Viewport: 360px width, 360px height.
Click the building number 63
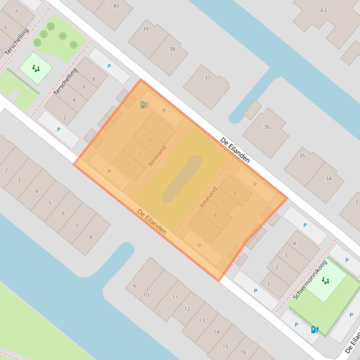[323, 10]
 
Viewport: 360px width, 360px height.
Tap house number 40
[116, 6]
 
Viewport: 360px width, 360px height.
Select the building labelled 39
[146, 29]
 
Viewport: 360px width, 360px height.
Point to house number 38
[172, 49]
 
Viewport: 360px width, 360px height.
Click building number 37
[207, 78]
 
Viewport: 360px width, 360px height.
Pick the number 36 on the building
[266, 127]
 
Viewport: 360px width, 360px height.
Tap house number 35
[302, 156]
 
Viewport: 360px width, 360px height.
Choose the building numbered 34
[329, 178]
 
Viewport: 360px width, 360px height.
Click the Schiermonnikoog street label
[310, 280]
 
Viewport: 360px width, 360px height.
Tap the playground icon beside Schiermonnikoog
[325, 281]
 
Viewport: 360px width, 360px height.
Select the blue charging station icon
[315, 330]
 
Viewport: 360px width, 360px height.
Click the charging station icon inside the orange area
[144, 105]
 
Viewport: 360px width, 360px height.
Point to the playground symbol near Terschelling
[36, 69]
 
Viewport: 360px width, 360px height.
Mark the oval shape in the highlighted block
[182, 179]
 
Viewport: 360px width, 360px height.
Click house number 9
[134, 286]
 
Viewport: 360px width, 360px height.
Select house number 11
[175, 297]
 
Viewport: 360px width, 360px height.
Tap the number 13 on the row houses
[202, 320]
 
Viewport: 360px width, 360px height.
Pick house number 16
[243, 352]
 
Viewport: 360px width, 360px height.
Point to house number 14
[216, 332]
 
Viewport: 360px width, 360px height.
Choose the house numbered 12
[187, 309]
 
